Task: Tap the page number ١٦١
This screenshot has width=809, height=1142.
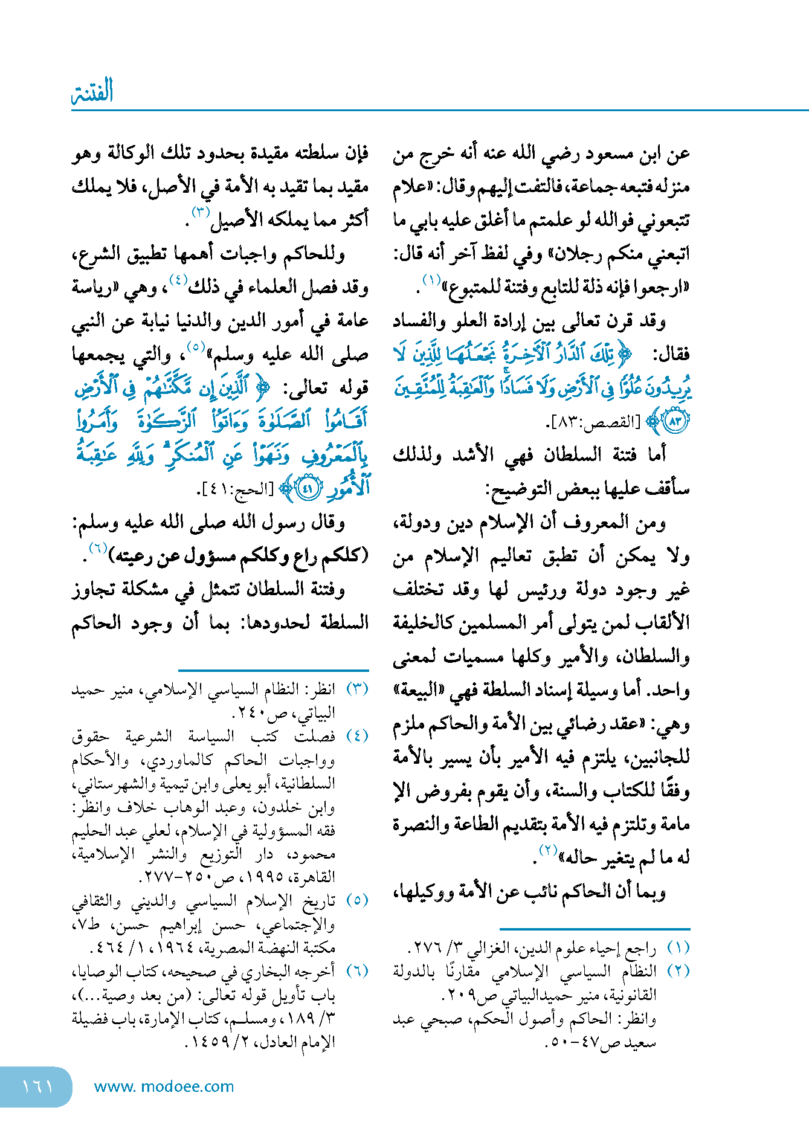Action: tap(37, 1086)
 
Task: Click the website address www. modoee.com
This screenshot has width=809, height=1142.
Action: tap(164, 1086)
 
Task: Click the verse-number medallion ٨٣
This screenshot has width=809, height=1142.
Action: tap(675, 421)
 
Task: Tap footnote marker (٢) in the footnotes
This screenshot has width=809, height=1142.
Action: tap(678, 972)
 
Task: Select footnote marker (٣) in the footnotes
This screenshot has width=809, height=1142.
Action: tap(357, 689)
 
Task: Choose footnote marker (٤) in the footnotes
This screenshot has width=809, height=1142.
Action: tap(357, 736)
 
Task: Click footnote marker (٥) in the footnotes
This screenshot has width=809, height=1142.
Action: tap(357, 901)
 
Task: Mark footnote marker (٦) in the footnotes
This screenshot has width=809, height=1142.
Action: tap(357, 971)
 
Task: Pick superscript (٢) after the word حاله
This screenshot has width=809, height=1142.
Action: tap(548, 850)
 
